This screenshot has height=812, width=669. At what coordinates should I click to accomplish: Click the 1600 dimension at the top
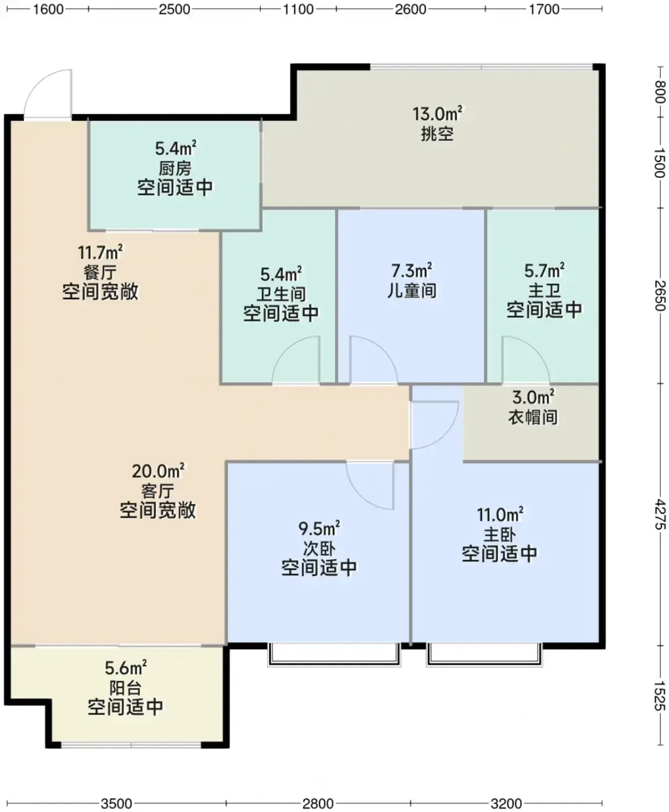(48, 9)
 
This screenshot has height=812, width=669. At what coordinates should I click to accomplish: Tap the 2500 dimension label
(174, 9)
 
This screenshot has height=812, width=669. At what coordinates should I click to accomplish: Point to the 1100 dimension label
(298, 9)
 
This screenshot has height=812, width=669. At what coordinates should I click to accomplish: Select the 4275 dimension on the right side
(660, 514)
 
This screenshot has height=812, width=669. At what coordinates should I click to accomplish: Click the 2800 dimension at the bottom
(318, 800)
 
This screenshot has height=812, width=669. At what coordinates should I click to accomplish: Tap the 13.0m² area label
(437, 114)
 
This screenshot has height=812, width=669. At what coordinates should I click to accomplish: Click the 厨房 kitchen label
(175, 169)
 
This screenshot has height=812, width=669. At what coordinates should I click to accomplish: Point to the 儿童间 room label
(412, 291)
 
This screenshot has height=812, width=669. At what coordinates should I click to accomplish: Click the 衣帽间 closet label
(533, 417)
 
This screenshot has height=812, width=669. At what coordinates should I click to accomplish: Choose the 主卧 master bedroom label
(500, 535)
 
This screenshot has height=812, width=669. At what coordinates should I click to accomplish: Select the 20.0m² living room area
(158, 472)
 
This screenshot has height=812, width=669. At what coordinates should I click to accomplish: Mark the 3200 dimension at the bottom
(506, 800)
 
